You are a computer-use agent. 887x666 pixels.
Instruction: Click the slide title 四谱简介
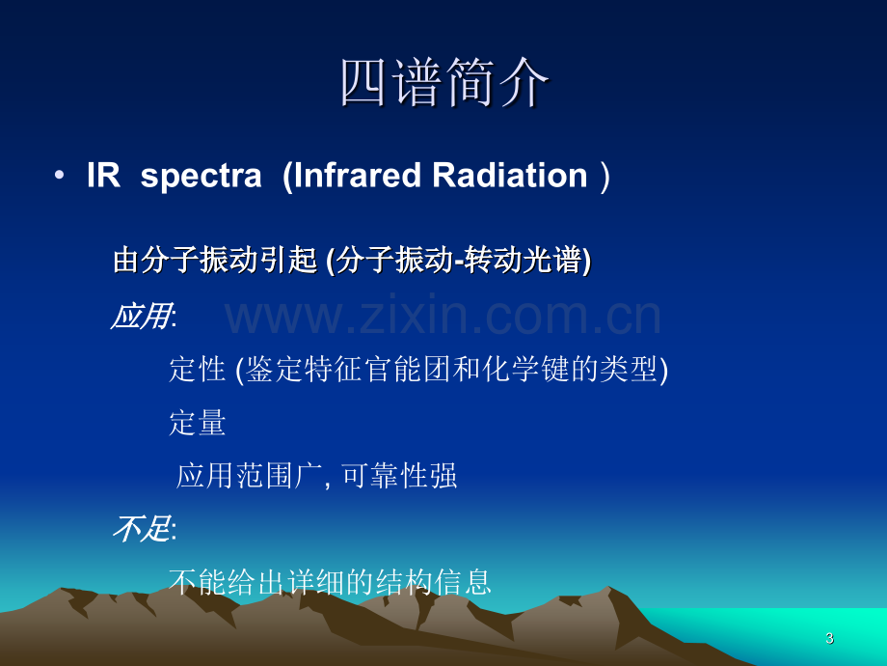click(x=444, y=83)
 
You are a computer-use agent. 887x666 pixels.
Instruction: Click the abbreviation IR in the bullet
click(x=103, y=175)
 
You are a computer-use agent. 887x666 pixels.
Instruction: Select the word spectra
click(x=201, y=176)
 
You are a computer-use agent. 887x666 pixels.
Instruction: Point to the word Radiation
click(x=510, y=175)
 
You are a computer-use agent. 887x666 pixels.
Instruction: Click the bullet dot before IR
click(x=59, y=176)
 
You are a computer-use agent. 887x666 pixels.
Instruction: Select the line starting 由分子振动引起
click(x=352, y=261)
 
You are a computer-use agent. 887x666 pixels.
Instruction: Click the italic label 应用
click(x=142, y=316)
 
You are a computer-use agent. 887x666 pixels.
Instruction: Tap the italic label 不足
click(x=142, y=529)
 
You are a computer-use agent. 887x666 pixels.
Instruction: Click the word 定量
click(x=198, y=423)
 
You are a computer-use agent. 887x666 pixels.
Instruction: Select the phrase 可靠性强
click(x=399, y=476)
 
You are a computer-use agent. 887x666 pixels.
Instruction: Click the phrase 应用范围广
click(x=249, y=476)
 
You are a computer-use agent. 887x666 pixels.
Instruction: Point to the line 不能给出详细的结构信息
click(x=330, y=582)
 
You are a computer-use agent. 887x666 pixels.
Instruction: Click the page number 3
click(x=829, y=638)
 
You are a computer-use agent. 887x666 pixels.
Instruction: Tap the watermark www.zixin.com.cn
click(x=443, y=315)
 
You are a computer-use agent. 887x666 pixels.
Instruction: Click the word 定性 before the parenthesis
click(x=198, y=370)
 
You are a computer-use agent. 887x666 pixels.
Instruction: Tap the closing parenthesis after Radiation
click(x=605, y=176)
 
